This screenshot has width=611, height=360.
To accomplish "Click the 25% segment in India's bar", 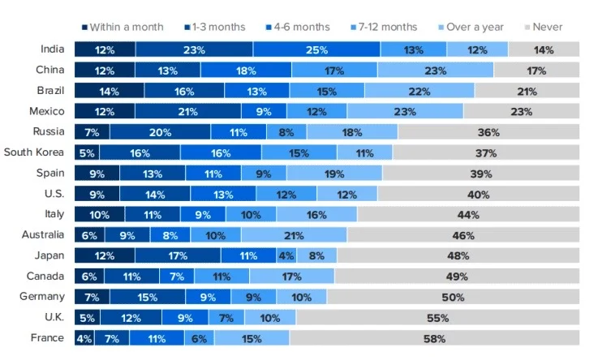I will pyautogui.click(x=316, y=49).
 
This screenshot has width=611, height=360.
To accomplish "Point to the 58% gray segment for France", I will pyautogui.click(x=435, y=338).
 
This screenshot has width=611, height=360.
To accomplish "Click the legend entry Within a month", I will pyautogui.click(x=123, y=27).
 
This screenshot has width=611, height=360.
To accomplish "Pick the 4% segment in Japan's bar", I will pyautogui.click(x=286, y=255).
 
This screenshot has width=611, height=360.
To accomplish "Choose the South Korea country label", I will pyautogui.click(x=34, y=152).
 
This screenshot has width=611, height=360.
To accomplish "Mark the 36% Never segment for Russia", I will pyautogui.click(x=488, y=132).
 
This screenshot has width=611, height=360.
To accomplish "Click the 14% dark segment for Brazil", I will pyautogui.click(x=109, y=91).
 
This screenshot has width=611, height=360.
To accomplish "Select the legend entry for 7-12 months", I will pyautogui.click(x=383, y=27).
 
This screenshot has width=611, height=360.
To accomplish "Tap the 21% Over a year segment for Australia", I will pyautogui.click(x=288, y=235).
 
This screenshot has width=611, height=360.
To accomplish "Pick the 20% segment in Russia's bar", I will pyautogui.click(x=160, y=132).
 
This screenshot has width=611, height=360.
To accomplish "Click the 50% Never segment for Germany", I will pyautogui.click(x=454, y=297).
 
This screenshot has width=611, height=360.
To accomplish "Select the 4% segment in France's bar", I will pyautogui.click(x=84, y=338).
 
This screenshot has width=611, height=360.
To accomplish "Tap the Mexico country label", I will pyautogui.click(x=47, y=111).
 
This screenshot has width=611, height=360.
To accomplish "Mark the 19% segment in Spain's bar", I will pyautogui.click(x=334, y=174).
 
